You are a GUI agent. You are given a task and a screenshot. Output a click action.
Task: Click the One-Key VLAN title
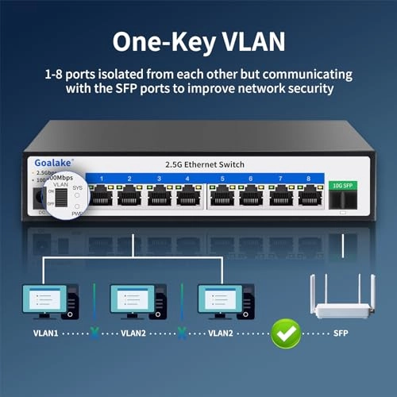[x=198, y=41]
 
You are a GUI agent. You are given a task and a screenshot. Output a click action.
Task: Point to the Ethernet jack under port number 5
[x=222, y=196]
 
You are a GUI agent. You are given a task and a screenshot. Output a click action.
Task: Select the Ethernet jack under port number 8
[x=309, y=196]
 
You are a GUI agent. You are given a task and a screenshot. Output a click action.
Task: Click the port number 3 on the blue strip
[x=158, y=179]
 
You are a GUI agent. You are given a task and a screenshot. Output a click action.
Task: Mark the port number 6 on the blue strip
[x=251, y=179]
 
